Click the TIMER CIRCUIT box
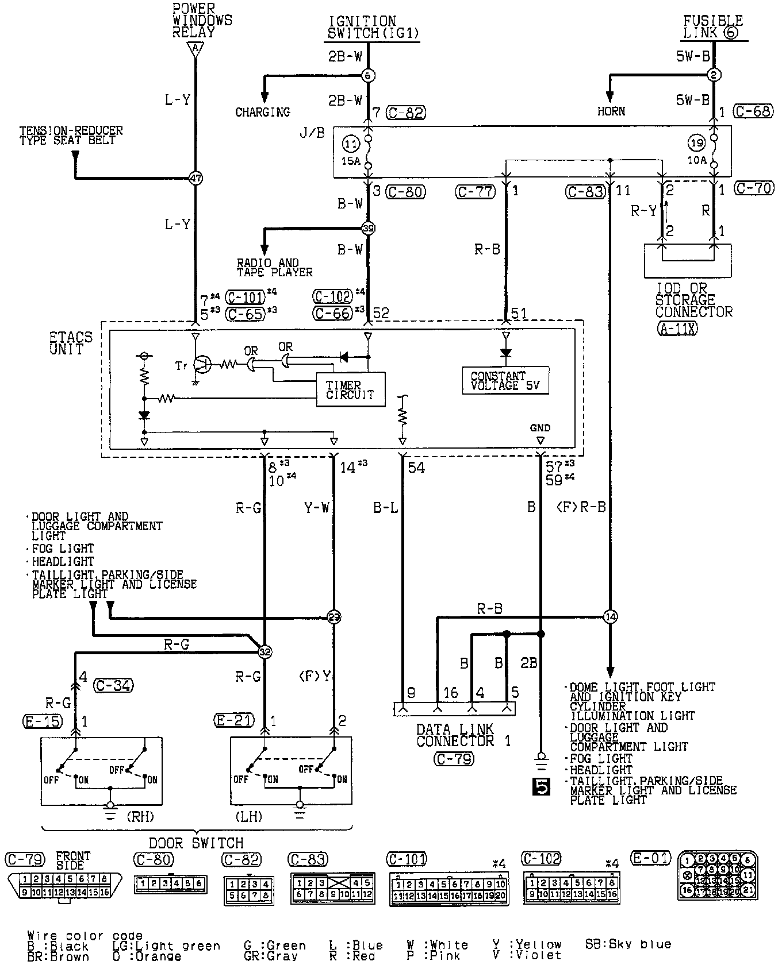tap(351, 389)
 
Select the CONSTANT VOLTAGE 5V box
tap(505, 380)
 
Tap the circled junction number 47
tap(195, 178)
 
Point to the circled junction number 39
tap(368, 228)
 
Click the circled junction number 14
tap(610, 617)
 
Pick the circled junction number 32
tap(264, 652)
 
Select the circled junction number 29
tap(333, 617)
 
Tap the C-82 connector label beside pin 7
tap(405, 113)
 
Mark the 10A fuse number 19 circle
tap(696, 142)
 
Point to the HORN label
tap(611, 111)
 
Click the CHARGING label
tap(263, 112)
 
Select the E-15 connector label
tap(43, 720)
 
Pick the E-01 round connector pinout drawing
tap(718, 875)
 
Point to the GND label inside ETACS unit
tap(540, 427)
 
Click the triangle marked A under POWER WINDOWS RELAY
tap(195, 50)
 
